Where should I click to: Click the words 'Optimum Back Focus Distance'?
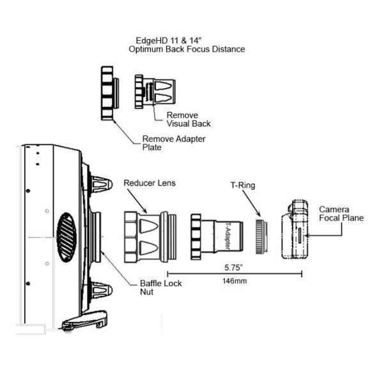click(x=187, y=49)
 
